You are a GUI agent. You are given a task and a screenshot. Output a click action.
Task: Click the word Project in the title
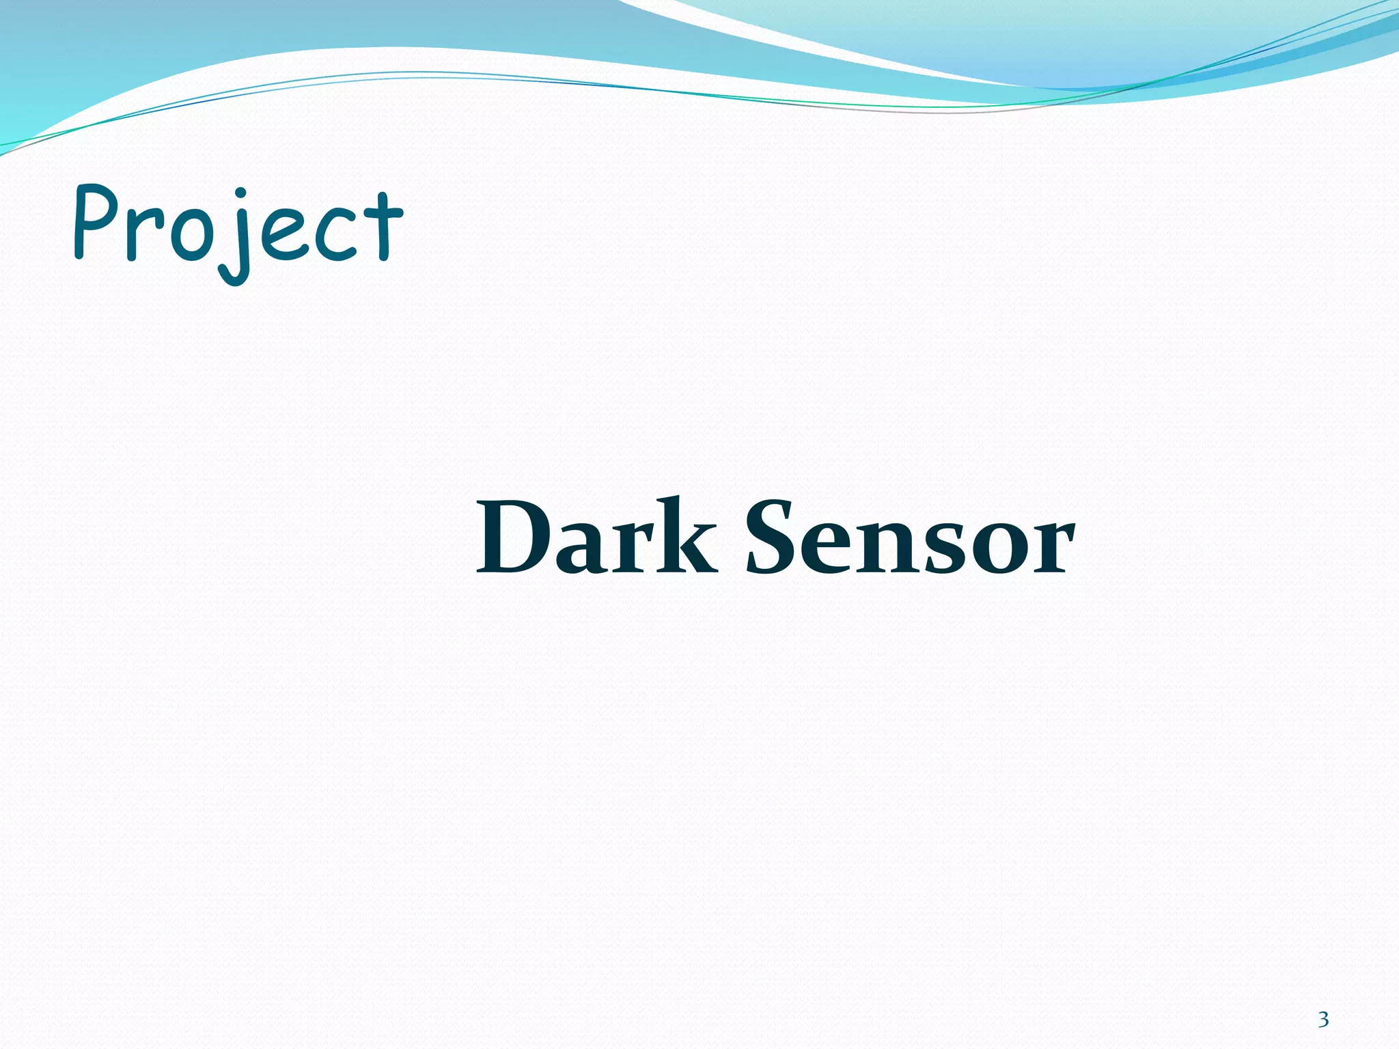click(x=238, y=229)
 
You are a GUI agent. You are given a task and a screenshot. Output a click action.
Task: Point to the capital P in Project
click(x=99, y=222)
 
